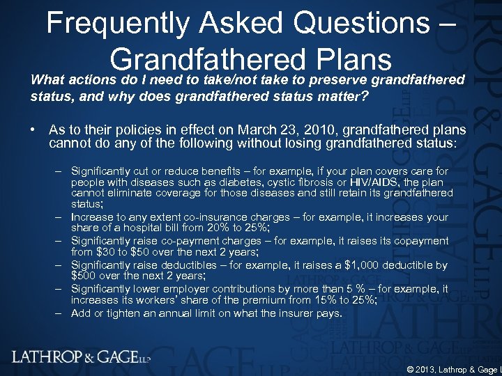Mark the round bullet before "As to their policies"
click(33, 130)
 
